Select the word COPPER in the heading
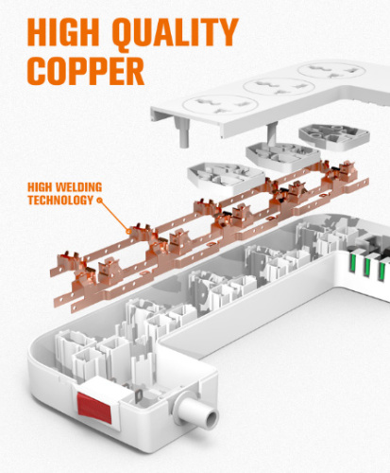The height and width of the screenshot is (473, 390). [x=86, y=71]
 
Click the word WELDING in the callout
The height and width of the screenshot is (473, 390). [x=78, y=187]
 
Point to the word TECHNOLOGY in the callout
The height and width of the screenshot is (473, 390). [x=60, y=200]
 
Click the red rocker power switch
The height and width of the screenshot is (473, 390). [x=94, y=408]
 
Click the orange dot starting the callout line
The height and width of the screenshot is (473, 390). [x=100, y=200]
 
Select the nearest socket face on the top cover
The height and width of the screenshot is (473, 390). [x=220, y=105]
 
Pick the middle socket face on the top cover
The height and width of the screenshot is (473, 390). [x=279, y=86]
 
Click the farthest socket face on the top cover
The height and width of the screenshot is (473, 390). [x=331, y=70]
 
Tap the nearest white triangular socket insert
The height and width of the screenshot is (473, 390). [x=226, y=177]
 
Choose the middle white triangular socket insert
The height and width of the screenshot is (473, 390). [x=283, y=155]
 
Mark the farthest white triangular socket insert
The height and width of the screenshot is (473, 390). [x=334, y=136]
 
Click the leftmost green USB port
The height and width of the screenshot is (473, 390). [x=353, y=264]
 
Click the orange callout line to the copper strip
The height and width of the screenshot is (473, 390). [x=114, y=216]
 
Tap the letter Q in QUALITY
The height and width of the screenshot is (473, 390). [x=126, y=34]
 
